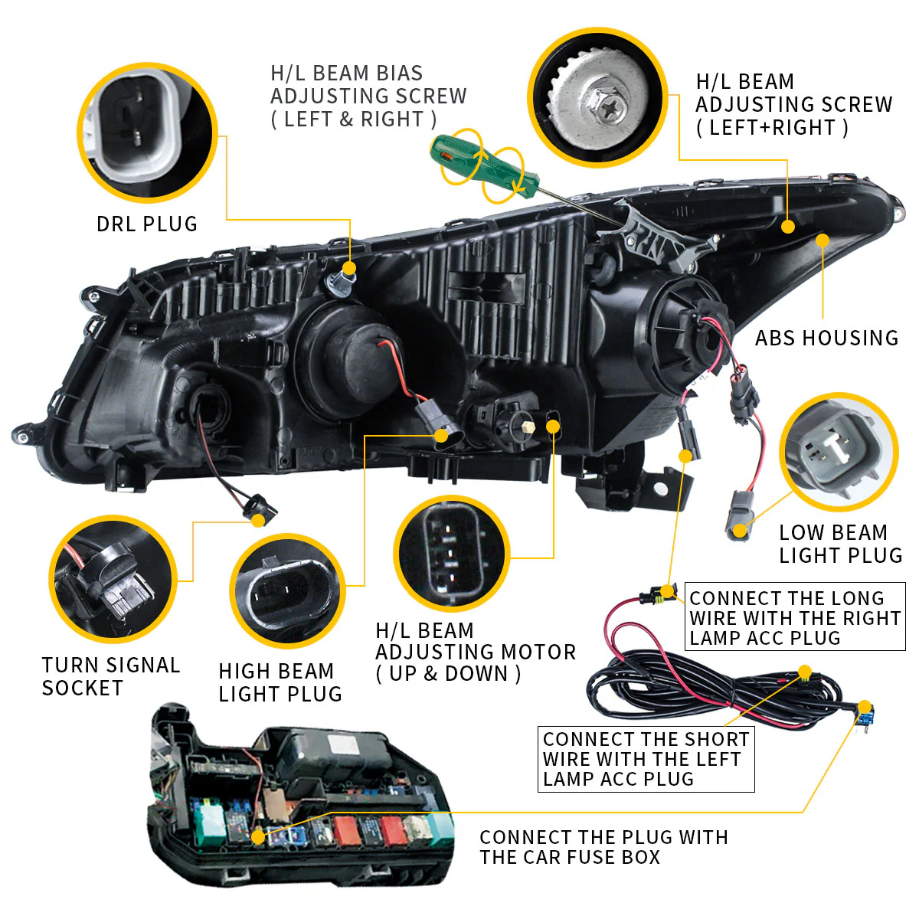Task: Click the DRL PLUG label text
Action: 147,224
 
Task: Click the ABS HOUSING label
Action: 826,338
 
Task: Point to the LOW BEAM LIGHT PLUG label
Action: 840,544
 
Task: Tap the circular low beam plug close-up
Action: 838,451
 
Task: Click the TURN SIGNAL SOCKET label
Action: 111,676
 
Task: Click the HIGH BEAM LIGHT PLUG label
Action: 280,682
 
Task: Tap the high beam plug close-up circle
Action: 287,590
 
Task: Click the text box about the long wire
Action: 795,617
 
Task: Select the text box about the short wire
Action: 646,759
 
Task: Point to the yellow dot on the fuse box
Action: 258,837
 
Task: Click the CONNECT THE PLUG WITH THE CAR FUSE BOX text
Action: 603,847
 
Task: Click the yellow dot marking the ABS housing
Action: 823,240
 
